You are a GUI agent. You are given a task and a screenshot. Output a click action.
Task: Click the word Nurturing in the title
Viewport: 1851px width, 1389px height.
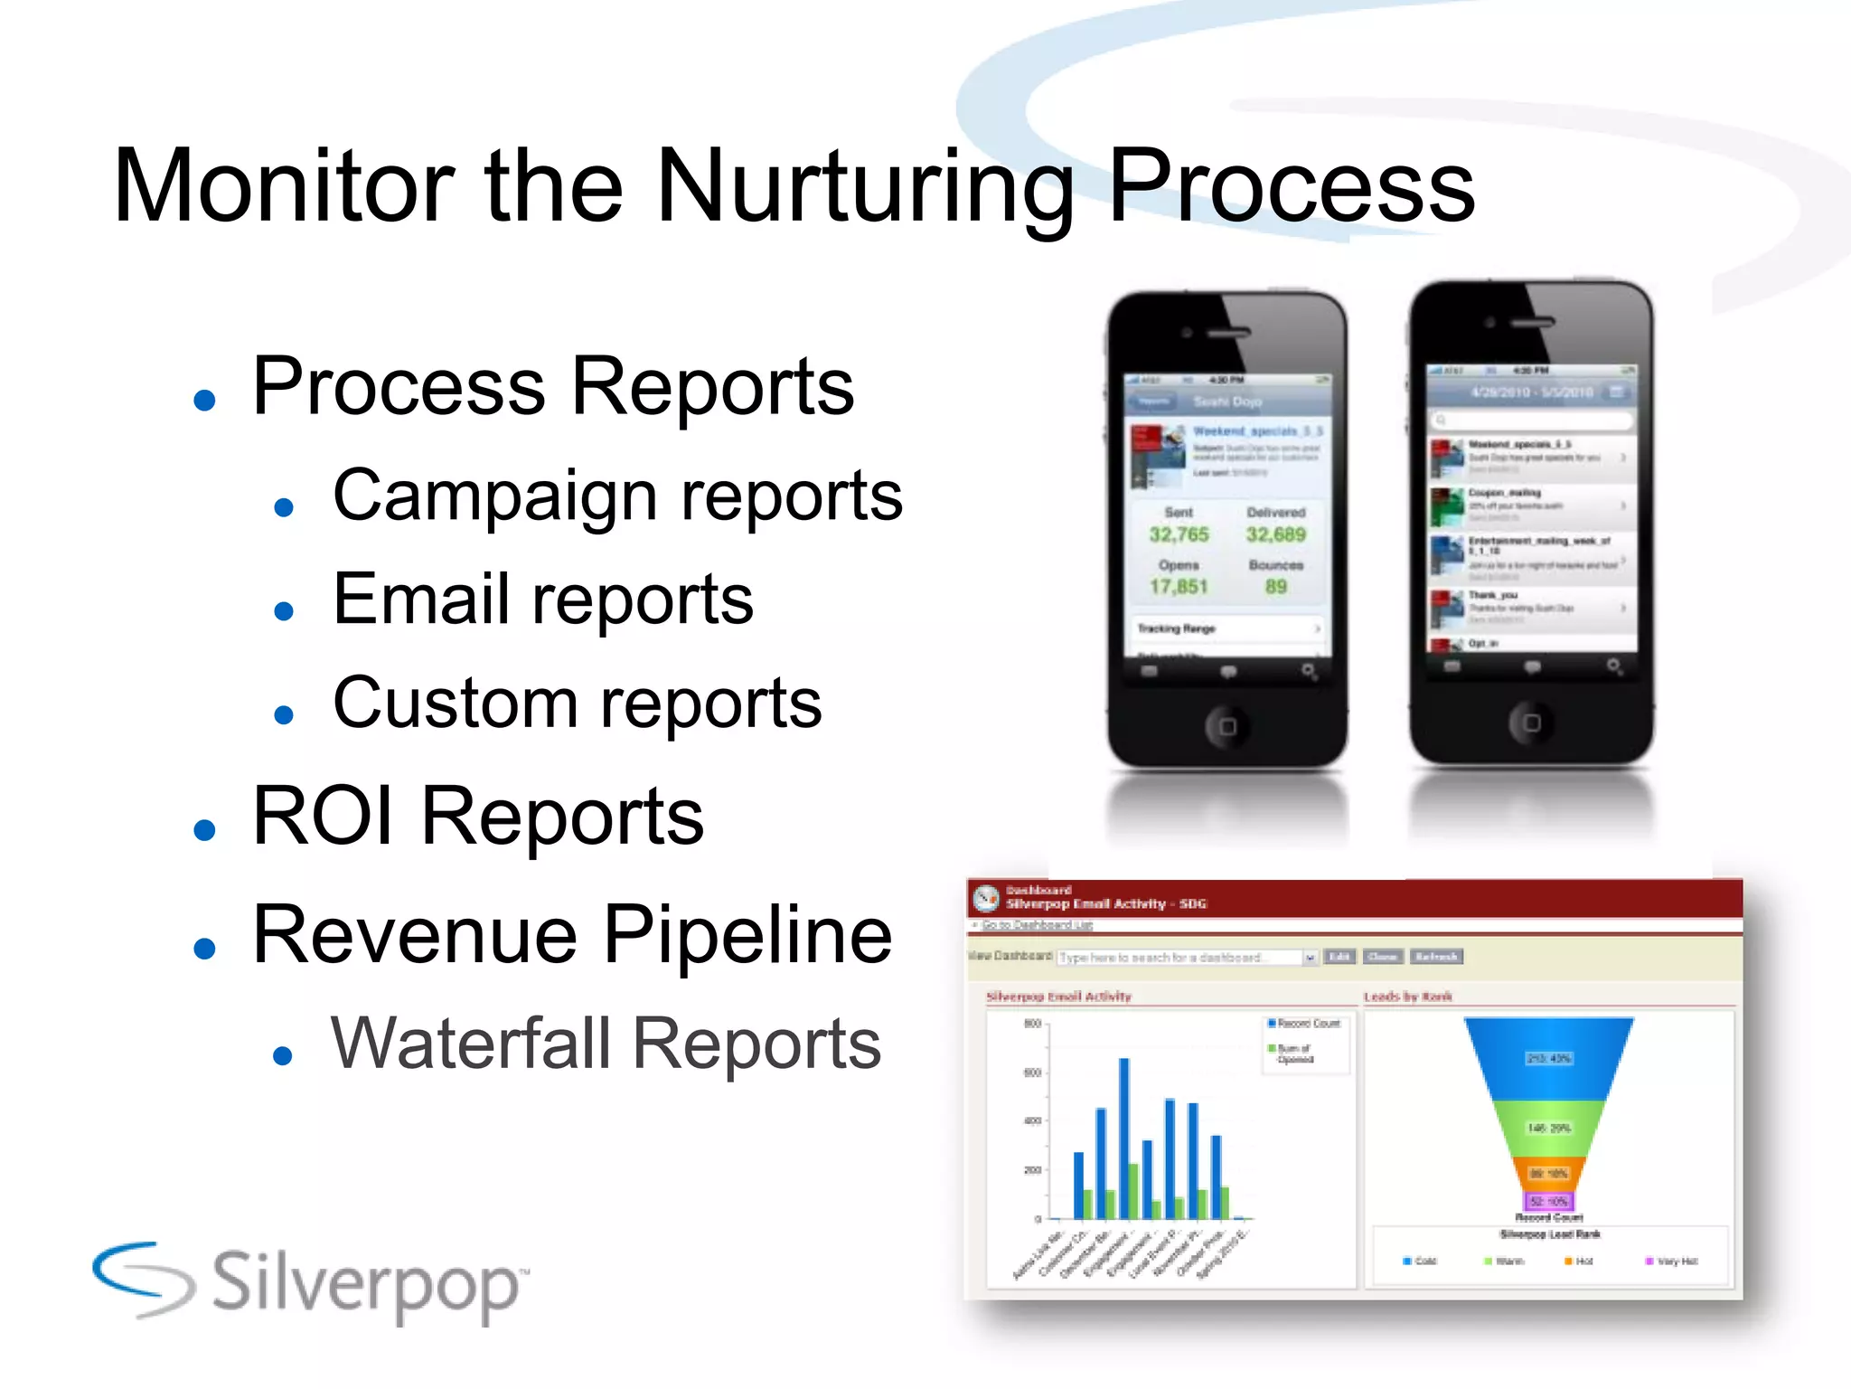(863, 188)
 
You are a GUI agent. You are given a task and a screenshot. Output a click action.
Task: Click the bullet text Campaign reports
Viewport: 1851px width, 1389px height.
(617, 496)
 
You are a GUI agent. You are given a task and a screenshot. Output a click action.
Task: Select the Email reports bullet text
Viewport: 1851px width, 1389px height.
(542, 600)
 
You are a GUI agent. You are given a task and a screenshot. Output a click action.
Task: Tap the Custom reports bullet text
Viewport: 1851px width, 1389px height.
(577, 704)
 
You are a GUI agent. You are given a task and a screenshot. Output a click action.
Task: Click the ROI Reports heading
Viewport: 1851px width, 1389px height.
(477, 817)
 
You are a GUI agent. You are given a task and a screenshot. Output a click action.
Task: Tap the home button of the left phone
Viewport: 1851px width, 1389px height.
(1226, 726)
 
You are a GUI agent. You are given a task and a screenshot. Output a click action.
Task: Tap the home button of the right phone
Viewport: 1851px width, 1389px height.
(1531, 723)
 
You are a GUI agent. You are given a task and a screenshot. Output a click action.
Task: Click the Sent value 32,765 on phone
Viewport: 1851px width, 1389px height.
(1179, 534)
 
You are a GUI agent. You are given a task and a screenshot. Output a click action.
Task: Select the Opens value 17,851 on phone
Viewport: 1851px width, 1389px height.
(1179, 587)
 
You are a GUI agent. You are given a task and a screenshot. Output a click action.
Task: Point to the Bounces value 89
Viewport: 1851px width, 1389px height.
(1275, 587)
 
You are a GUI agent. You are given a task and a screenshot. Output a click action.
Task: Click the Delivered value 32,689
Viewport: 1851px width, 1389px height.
(1275, 534)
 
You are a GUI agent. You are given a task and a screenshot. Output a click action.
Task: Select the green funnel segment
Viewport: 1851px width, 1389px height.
(1548, 1128)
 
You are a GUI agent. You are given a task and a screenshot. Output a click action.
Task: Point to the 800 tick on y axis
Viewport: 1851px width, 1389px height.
(1032, 1024)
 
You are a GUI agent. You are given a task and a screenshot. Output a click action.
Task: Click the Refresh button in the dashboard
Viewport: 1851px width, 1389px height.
(1436, 957)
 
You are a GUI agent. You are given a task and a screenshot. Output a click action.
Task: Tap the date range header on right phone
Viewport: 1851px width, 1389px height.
(1531, 392)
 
